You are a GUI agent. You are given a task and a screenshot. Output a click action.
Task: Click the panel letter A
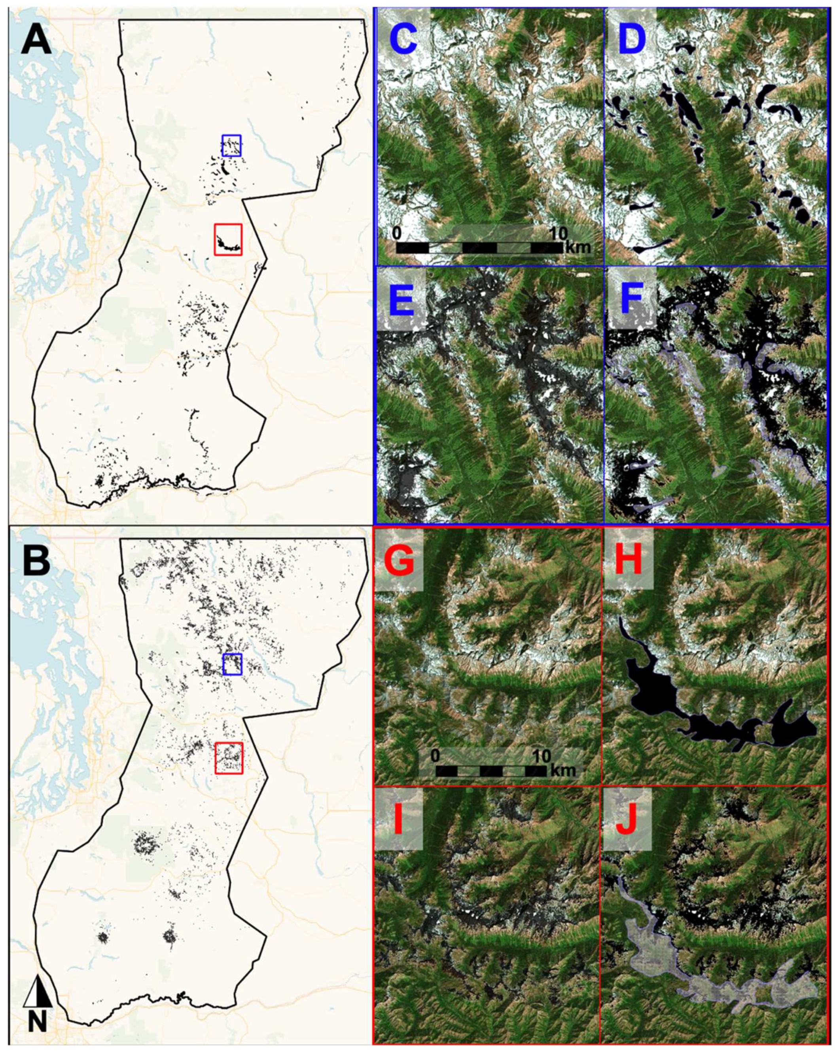(x=36, y=39)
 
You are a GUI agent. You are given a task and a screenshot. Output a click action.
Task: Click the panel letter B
(x=36, y=559)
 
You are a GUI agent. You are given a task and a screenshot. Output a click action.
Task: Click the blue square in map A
(x=231, y=145)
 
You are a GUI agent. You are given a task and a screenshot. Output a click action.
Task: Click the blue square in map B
(x=232, y=664)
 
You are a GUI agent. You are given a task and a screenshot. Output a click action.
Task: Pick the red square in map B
(x=229, y=758)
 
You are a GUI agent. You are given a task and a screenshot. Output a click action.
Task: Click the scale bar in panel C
(x=479, y=248)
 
